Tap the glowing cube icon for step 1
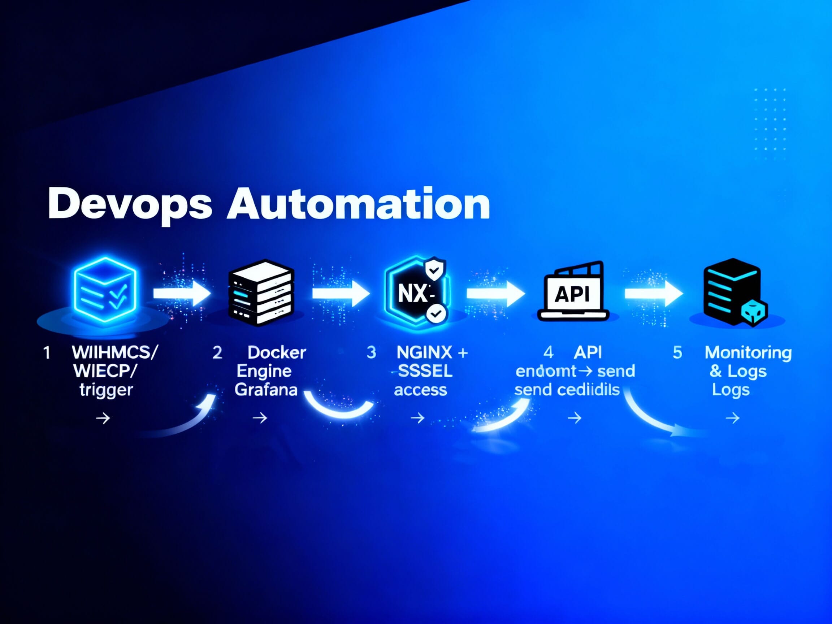(x=105, y=290)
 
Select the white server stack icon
(x=261, y=293)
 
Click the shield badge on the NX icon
(x=434, y=270)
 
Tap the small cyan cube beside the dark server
(x=754, y=313)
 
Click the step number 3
(x=371, y=352)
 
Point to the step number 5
(x=677, y=352)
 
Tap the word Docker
(x=277, y=352)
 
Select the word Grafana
(x=266, y=389)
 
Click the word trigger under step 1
(x=106, y=390)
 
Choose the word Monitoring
(x=748, y=353)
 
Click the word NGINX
(x=424, y=352)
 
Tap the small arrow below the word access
(x=417, y=417)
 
